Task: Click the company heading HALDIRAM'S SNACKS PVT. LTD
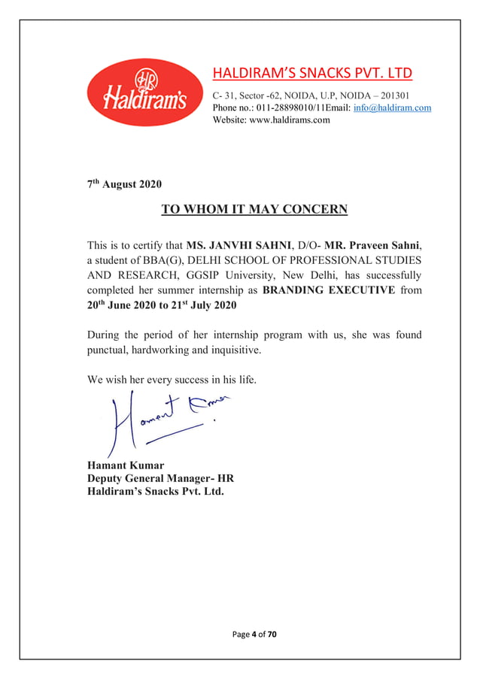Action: point(312,73)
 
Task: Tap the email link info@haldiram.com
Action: point(391,108)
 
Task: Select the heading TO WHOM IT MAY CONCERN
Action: point(254,210)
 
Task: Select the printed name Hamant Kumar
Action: point(126,465)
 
